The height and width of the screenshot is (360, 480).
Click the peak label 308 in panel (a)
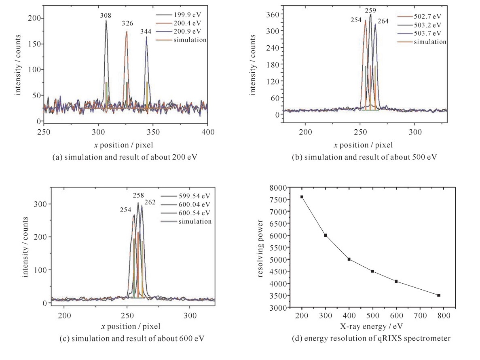[106, 15]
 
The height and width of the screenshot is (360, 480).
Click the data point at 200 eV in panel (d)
[302, 197]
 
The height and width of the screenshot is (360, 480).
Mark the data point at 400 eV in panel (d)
[349, 259]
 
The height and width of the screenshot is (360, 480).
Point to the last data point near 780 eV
[439, 295]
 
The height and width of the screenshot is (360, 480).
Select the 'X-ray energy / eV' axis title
[371, 325]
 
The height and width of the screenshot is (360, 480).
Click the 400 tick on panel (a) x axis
[207, 132]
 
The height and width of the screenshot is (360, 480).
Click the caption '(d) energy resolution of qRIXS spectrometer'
[371, 339]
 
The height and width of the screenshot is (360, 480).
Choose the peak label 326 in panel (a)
[128, 23]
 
